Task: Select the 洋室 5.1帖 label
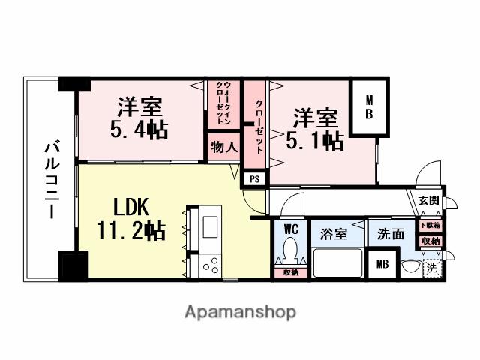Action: (315, 128)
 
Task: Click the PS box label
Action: (253, 178)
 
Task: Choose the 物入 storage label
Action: (223, 146)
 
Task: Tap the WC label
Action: (290, 229)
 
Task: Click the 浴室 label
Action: (334, 233)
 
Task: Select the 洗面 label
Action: (390, 233)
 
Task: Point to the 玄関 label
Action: (429, 200)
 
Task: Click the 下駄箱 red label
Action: (430, 224)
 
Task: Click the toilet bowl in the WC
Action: (291, 250)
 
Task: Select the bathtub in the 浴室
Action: (337, 264)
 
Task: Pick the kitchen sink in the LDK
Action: (210, 226)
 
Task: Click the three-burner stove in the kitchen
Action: (210, 264)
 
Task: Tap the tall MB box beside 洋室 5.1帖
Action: (370, 109)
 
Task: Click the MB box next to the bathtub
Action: (382, 264)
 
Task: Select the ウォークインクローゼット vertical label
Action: (223, 105)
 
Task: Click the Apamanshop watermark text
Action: (240, 310)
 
